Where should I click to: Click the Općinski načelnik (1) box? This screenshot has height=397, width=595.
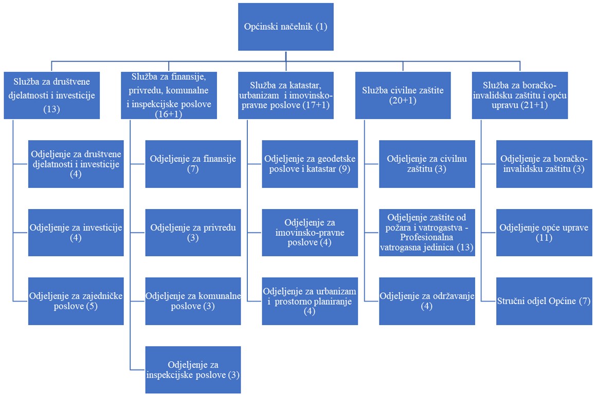coord(285,27)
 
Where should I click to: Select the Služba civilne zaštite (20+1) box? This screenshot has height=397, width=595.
coord(403,96)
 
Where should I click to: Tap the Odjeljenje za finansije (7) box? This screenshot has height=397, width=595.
coord(193,164)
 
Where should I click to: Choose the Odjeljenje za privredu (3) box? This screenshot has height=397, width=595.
coord(193,232)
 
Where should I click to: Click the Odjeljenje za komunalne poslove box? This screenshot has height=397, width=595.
coord(193,301)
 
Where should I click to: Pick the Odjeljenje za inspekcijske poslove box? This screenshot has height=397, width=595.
coord(193,370)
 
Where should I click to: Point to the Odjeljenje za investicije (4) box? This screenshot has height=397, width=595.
coord(76,232)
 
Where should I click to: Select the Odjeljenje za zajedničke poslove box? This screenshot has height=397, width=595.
coord(76,301)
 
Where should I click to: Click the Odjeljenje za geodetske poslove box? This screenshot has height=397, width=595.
coord(310,164)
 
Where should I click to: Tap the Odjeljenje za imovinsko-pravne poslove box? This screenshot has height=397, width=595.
coord(310,232)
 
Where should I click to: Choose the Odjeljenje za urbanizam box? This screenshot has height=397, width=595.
coord(310,301)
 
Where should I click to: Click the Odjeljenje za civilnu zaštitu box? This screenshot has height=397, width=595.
coord(427,164)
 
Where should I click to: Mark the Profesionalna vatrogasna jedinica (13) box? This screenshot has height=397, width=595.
coord(427,232)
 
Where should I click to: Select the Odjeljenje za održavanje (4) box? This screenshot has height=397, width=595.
coord(427,301)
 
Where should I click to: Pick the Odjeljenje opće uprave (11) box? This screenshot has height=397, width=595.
coord(544,232)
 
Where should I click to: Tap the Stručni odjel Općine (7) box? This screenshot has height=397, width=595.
coord(544,301)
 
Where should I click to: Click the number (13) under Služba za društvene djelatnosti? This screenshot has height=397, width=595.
coord(52,109)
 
